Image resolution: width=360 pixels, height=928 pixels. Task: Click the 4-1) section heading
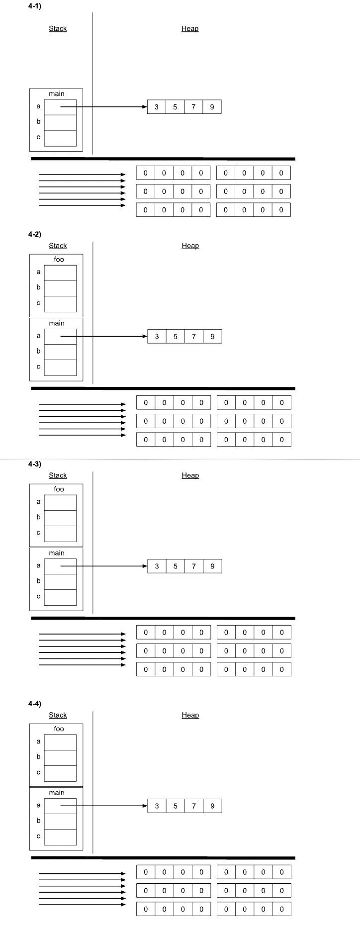point(35,6)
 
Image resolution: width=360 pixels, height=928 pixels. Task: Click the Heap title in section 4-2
point(190,246)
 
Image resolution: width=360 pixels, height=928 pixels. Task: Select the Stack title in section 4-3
point(58,475)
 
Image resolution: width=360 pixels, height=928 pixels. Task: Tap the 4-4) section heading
point(35,704)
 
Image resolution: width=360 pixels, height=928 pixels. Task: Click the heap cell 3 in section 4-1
point(157,107)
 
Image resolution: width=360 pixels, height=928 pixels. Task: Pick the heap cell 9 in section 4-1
point(212,107)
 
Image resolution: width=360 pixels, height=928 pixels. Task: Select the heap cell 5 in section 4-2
point(176,337)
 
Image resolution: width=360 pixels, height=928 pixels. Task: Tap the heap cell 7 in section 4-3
point(194,566)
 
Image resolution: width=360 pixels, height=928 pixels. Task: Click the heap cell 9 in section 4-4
point(213,806)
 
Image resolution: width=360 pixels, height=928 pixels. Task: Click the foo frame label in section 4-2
point(59,260)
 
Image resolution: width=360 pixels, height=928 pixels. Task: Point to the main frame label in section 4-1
point(57,93)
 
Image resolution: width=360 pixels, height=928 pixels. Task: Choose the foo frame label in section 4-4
point(59,729)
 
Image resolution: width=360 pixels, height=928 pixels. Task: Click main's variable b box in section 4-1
point(60,122)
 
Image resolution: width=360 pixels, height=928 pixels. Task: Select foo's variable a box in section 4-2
point(60,273)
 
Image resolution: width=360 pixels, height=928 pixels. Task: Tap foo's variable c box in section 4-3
point(60,534)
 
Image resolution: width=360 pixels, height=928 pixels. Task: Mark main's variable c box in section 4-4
point(60,837)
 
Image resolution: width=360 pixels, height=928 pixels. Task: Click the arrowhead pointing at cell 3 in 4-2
point(145,337)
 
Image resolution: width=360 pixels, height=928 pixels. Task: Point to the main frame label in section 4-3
point(57,553)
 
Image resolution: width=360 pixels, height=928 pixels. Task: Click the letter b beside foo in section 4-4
point(38,757)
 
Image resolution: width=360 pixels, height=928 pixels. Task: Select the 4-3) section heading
point(35,464)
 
